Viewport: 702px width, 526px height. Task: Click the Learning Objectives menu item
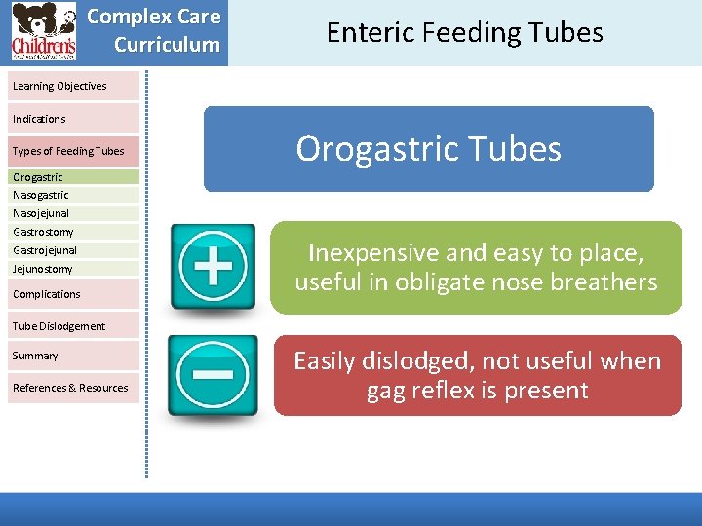point(60,86)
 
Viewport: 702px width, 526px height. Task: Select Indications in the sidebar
point(40,119)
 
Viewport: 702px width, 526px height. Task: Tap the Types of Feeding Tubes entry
point(68,151)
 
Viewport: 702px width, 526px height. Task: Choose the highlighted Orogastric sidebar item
point(38,177)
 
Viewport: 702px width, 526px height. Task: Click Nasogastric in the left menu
point(41,195)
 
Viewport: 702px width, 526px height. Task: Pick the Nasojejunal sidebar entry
point(41,213)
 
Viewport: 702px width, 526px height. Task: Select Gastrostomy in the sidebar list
point(43,232)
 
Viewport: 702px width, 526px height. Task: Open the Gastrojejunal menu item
point(45,250)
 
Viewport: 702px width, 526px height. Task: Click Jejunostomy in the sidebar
point(43,269)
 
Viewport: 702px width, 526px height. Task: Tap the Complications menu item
point(47,294)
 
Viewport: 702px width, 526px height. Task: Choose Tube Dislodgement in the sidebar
point(58,326)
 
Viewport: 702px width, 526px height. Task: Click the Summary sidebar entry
point(35,356)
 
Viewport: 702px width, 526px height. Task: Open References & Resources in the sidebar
point(70,388)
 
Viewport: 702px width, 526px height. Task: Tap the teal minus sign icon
point(213,376)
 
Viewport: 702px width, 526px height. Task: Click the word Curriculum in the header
point(167,45)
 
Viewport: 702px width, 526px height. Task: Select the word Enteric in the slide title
point(368,33)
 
